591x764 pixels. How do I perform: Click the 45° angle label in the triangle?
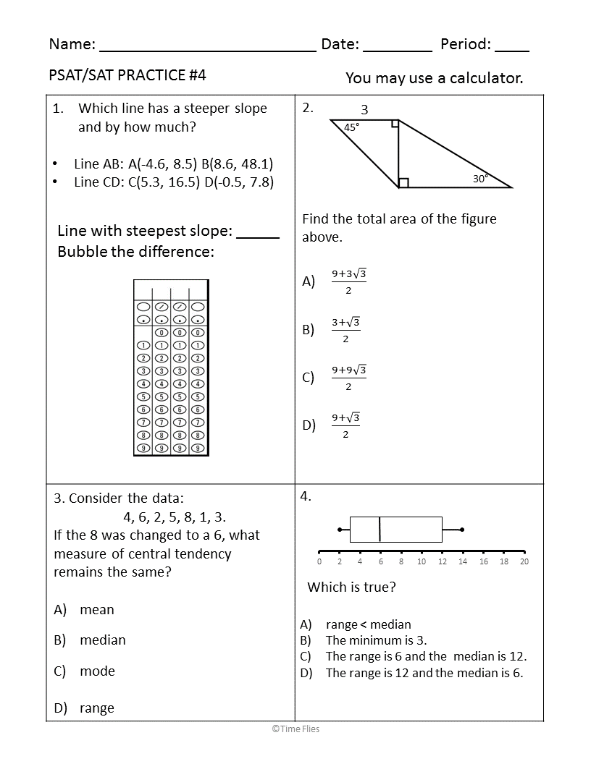click(351, 127)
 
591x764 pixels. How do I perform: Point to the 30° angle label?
click(481, 179)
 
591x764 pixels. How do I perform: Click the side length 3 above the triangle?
click(364, 110)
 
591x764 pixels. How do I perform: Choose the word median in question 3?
click(103, 640)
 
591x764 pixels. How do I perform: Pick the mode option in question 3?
click(97, 671)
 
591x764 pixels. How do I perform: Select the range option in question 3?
click(97, 708)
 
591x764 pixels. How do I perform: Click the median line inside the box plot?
click(380, 530)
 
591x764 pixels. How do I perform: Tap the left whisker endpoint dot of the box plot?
click(340, 530)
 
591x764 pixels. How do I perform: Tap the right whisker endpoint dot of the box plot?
click(462, 530)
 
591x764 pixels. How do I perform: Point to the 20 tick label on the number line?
click(524, 561)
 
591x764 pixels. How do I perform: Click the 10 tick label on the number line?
click(422, 561)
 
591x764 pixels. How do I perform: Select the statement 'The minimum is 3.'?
click(376, 640)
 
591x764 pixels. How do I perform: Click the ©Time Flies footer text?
click(295, 729)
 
